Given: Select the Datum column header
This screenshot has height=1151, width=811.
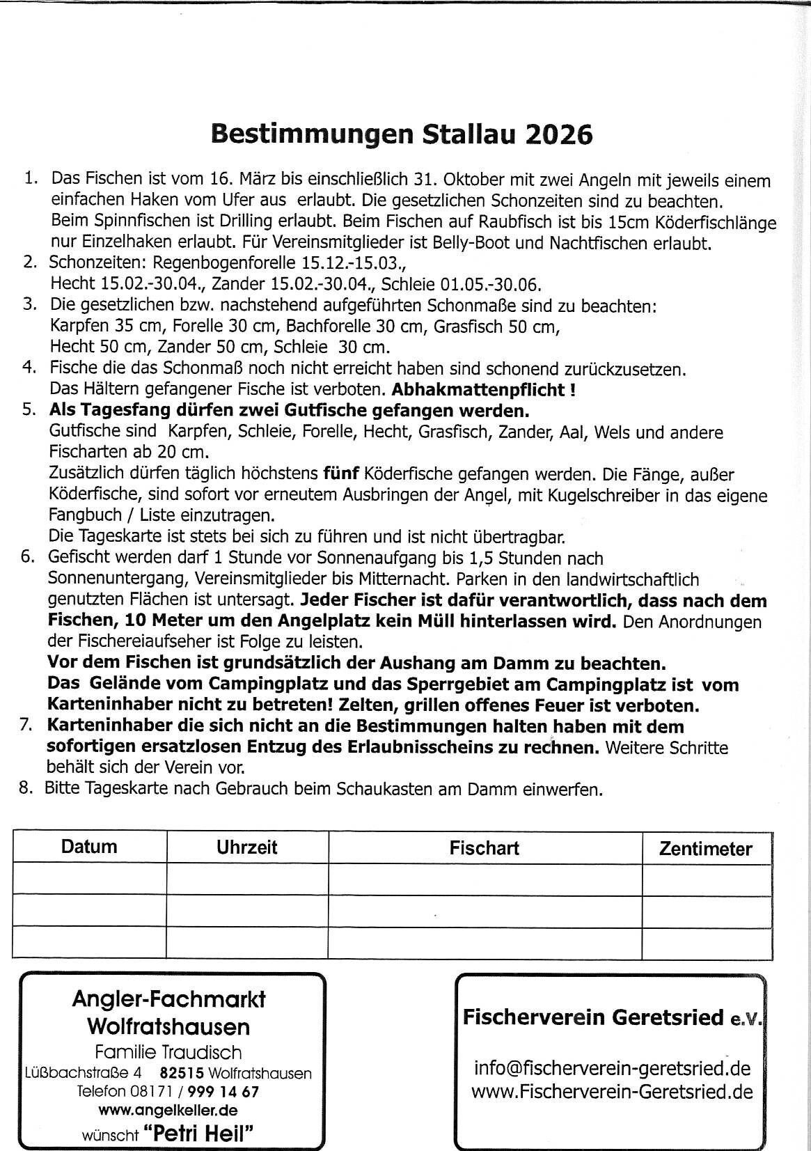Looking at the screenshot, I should (x=89, y=847).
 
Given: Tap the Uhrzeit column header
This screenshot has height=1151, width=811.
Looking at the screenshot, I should (x=246, y=847).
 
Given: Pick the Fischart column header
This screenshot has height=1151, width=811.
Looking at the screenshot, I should (x=484, y=848).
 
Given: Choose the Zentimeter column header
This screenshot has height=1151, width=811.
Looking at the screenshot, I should (x=706, y=849).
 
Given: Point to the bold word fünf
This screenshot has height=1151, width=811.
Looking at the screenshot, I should (x=340, y=474).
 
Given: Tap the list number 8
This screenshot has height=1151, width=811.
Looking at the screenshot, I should (x=26, y=789).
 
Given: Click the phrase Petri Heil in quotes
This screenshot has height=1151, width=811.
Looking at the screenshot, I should (x=198, y=1134).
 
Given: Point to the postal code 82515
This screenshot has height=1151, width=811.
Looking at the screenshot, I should (x=182, y=1074).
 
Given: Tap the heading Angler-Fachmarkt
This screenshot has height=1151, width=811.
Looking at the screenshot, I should (x=168, y=999).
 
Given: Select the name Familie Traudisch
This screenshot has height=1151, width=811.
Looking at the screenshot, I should (x=168, y=1052).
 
